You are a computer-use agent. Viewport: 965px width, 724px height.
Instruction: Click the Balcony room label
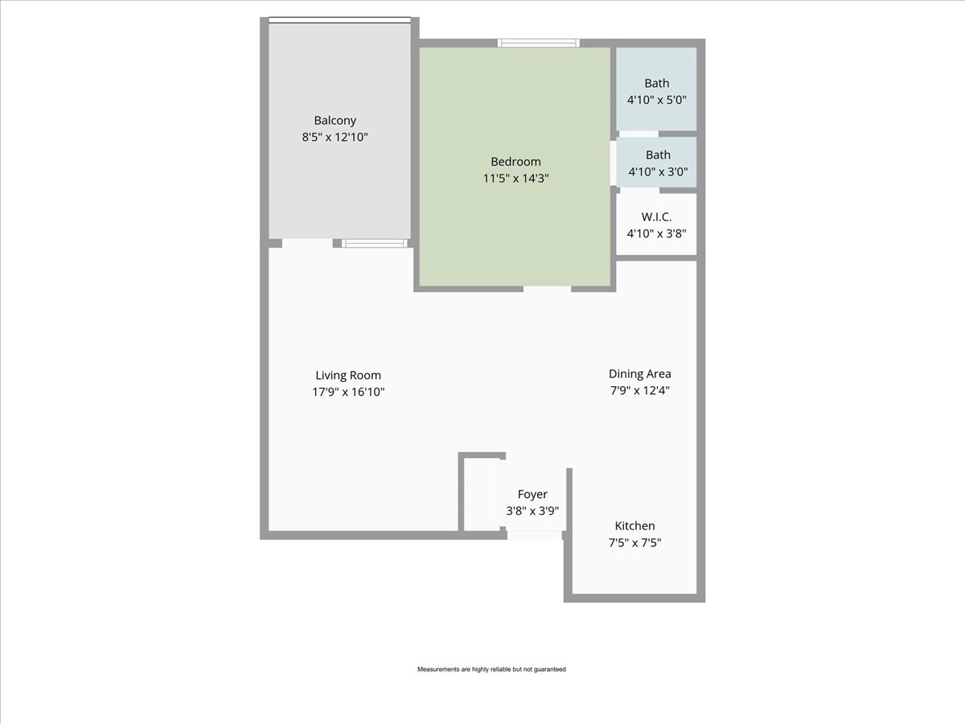click(335, 121)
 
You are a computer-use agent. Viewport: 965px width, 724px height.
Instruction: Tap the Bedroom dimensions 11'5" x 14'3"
click(515, 178)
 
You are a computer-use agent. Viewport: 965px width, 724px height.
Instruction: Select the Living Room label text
click(348, 376)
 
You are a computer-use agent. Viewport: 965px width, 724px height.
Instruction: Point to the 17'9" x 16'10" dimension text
click(348, 392)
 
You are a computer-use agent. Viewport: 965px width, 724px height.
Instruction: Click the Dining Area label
click(639, 374)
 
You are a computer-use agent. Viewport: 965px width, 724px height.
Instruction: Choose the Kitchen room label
click(634, 526)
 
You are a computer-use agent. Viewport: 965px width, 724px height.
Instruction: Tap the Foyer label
click(532, 495)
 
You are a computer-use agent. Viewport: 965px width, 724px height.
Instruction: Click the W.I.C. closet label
click(656, 216)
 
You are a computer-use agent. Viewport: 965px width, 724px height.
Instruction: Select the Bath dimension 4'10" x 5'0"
click(657, 100)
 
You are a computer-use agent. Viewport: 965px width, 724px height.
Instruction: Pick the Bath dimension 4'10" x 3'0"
click(658, 171)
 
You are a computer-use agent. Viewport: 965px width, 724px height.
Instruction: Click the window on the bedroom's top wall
click(539, 43)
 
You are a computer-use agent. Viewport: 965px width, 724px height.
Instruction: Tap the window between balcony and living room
click(375, 243)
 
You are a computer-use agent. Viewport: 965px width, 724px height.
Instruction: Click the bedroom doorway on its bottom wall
click(547, 289)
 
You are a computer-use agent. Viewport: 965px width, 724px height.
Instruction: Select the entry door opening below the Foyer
click(535, 536)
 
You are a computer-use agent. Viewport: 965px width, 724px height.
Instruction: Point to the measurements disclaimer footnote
click(491, 669)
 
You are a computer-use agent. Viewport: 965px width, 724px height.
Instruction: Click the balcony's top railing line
click(339, 20)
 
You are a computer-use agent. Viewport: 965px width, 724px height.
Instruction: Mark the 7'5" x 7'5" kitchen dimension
click(634, 542)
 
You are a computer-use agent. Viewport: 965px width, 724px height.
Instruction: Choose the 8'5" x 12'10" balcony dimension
click(335, 137)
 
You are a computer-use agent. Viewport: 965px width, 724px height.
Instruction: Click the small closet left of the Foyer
click(482, 495)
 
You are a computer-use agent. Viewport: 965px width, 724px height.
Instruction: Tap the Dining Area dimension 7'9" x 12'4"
click(639, 390)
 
